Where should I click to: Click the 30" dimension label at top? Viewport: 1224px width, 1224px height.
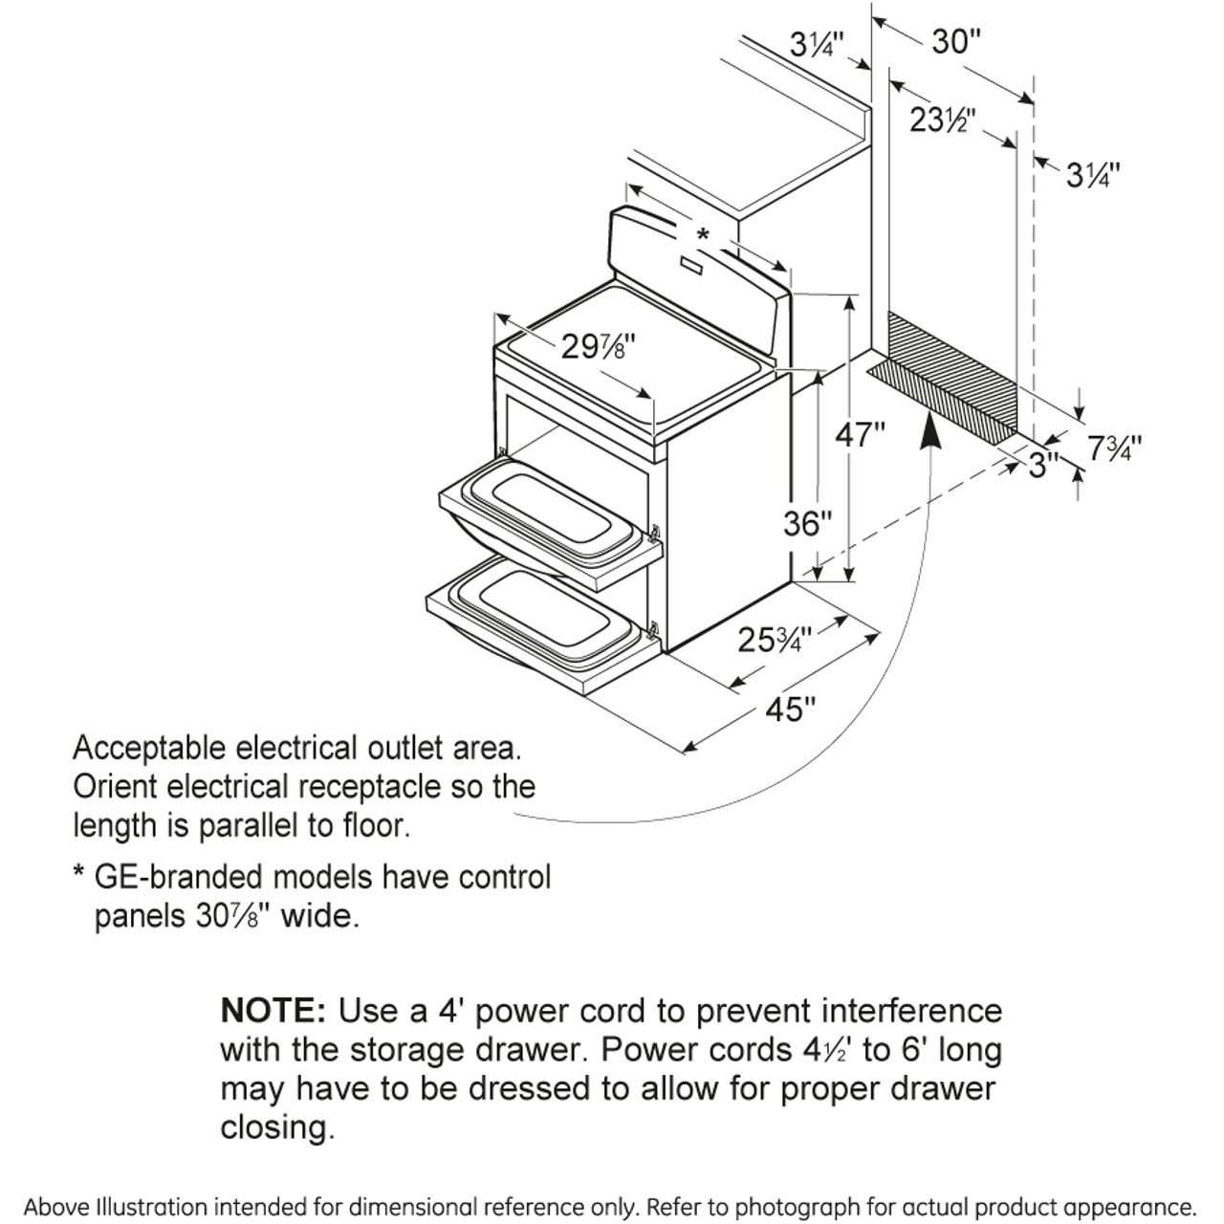click(x=955, y=42)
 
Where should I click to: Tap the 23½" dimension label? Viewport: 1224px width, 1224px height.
click(x=941, y=121)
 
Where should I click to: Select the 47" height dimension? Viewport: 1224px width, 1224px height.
click(x=861, y=435)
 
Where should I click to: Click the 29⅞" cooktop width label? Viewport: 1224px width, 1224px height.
click(x=599, y=346)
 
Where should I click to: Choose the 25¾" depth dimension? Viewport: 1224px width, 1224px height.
click(x=775, y=639)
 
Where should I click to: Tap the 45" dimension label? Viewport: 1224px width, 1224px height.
click(x=790, y=710)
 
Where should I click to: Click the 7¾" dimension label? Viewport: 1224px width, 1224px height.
click(x=1115, y=447)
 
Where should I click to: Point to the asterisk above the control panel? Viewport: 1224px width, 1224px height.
click(x=704, y=235)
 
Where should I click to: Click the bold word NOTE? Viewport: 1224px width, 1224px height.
click(x=273, y=1011)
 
